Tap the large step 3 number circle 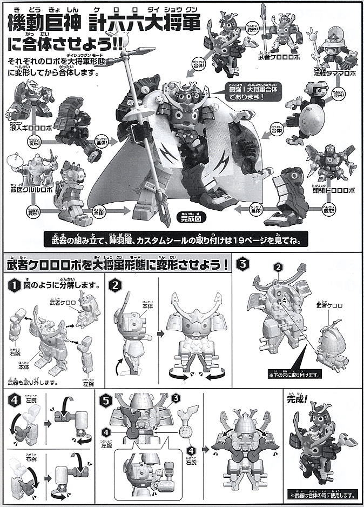245,264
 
